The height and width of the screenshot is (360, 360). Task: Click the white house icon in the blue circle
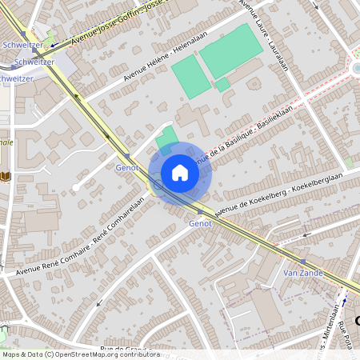(x=180, y=172)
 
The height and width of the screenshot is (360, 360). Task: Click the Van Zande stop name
(x=302, y=273)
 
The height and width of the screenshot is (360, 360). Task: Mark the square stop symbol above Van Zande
(x=302, y=262)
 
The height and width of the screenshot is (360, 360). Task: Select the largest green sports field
(x=231, y=53)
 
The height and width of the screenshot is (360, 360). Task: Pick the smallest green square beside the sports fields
(x=222, y=83)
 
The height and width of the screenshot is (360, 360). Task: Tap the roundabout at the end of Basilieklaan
(x=356, y=68)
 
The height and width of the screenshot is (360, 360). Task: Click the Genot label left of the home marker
(x=127, y=167)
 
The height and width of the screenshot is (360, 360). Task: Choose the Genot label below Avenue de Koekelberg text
(x=200, y=223)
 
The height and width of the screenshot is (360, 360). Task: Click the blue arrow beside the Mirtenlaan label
(x=345, y=302)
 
